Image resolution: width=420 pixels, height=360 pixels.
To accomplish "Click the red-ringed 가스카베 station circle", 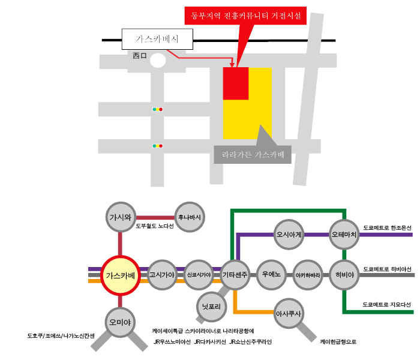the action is tap(121, 275).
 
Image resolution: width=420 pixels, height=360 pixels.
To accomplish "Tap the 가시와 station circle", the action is tap(121, 217).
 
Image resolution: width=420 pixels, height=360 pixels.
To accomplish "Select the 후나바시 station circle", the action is tap(190, 217).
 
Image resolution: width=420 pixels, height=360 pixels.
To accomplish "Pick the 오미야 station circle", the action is tap(120, 322).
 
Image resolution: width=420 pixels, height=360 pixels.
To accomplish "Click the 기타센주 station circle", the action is tap(235, 275).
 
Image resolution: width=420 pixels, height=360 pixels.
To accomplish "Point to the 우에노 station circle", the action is tap(271, 275).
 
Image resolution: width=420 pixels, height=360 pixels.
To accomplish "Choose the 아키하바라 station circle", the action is tap(308, 275).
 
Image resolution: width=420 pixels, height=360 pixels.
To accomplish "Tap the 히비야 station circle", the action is tap(344, 275).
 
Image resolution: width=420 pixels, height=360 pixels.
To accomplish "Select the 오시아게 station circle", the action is tap(289, 235).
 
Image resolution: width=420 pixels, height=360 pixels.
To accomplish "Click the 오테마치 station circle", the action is tap(344, 235).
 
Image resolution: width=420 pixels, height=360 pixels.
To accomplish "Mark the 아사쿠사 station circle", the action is tap(289, 313).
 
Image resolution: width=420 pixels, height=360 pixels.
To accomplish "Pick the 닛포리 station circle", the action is tap(211, 307).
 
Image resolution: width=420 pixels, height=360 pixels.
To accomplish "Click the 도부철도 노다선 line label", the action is tap(155, 226).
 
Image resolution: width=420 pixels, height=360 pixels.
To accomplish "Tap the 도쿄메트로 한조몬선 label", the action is tap(387, 228).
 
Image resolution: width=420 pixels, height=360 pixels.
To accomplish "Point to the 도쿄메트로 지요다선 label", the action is tap(386, 305).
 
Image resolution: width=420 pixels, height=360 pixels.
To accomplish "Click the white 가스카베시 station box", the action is tap(157, 39).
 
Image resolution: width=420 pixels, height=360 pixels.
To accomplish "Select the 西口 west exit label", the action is tap(140, 56).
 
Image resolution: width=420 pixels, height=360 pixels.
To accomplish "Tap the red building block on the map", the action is tap(236, 83).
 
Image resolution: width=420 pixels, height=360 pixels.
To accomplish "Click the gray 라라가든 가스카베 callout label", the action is tap(253, 155).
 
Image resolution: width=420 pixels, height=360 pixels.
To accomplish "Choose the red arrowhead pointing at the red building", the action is tap(232, 65).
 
